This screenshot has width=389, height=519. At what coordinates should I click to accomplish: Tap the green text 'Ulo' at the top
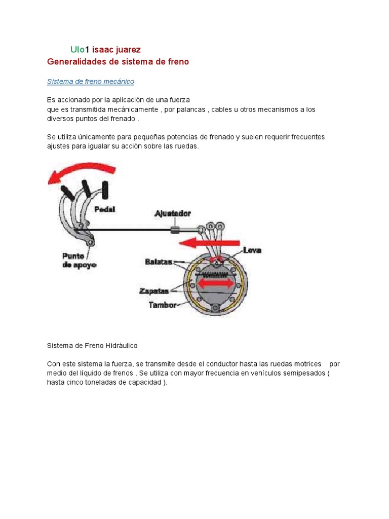(x=77, y=50)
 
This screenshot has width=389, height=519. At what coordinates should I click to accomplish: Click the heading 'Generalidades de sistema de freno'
(x=118, y=62)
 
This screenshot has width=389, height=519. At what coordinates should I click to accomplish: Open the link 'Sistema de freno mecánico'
(x=90, y=81)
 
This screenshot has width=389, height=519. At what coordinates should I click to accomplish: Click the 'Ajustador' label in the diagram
(x=173, y=213)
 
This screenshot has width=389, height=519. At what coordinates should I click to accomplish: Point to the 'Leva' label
(x=252, y=250)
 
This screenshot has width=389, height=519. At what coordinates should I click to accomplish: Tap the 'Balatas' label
(x=158, y=262)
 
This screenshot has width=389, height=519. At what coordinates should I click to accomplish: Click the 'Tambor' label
(x=162, y=305)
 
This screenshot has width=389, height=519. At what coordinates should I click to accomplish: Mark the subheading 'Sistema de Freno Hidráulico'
(x=92, y=345)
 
